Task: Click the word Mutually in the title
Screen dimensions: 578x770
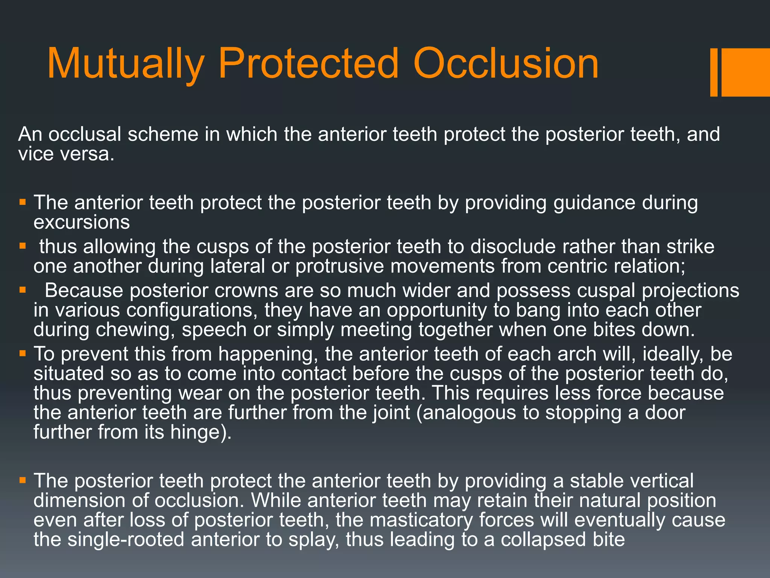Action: [126, 64]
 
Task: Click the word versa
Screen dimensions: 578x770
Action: [91, 154]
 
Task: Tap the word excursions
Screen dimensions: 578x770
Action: [82, 222]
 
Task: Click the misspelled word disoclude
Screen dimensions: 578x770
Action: [513, 247]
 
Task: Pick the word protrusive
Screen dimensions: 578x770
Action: [340, 266]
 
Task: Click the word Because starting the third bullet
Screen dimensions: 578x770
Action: [84, 291]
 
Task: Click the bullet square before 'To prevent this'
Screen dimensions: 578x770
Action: [23, 354]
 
